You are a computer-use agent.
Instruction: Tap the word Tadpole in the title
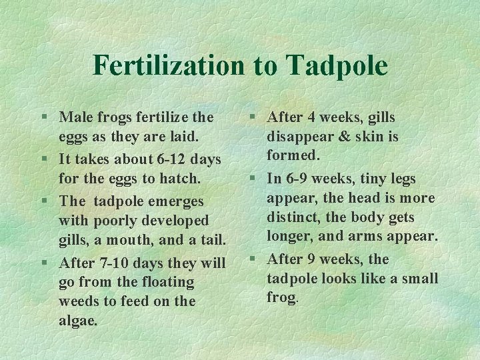tap(338, 65)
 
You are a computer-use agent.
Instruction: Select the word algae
tap(78, 321)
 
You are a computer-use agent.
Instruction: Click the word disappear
tap(300, 137)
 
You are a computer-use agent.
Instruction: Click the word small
tap(419, 278)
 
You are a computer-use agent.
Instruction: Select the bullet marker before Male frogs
tap(43, 118)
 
